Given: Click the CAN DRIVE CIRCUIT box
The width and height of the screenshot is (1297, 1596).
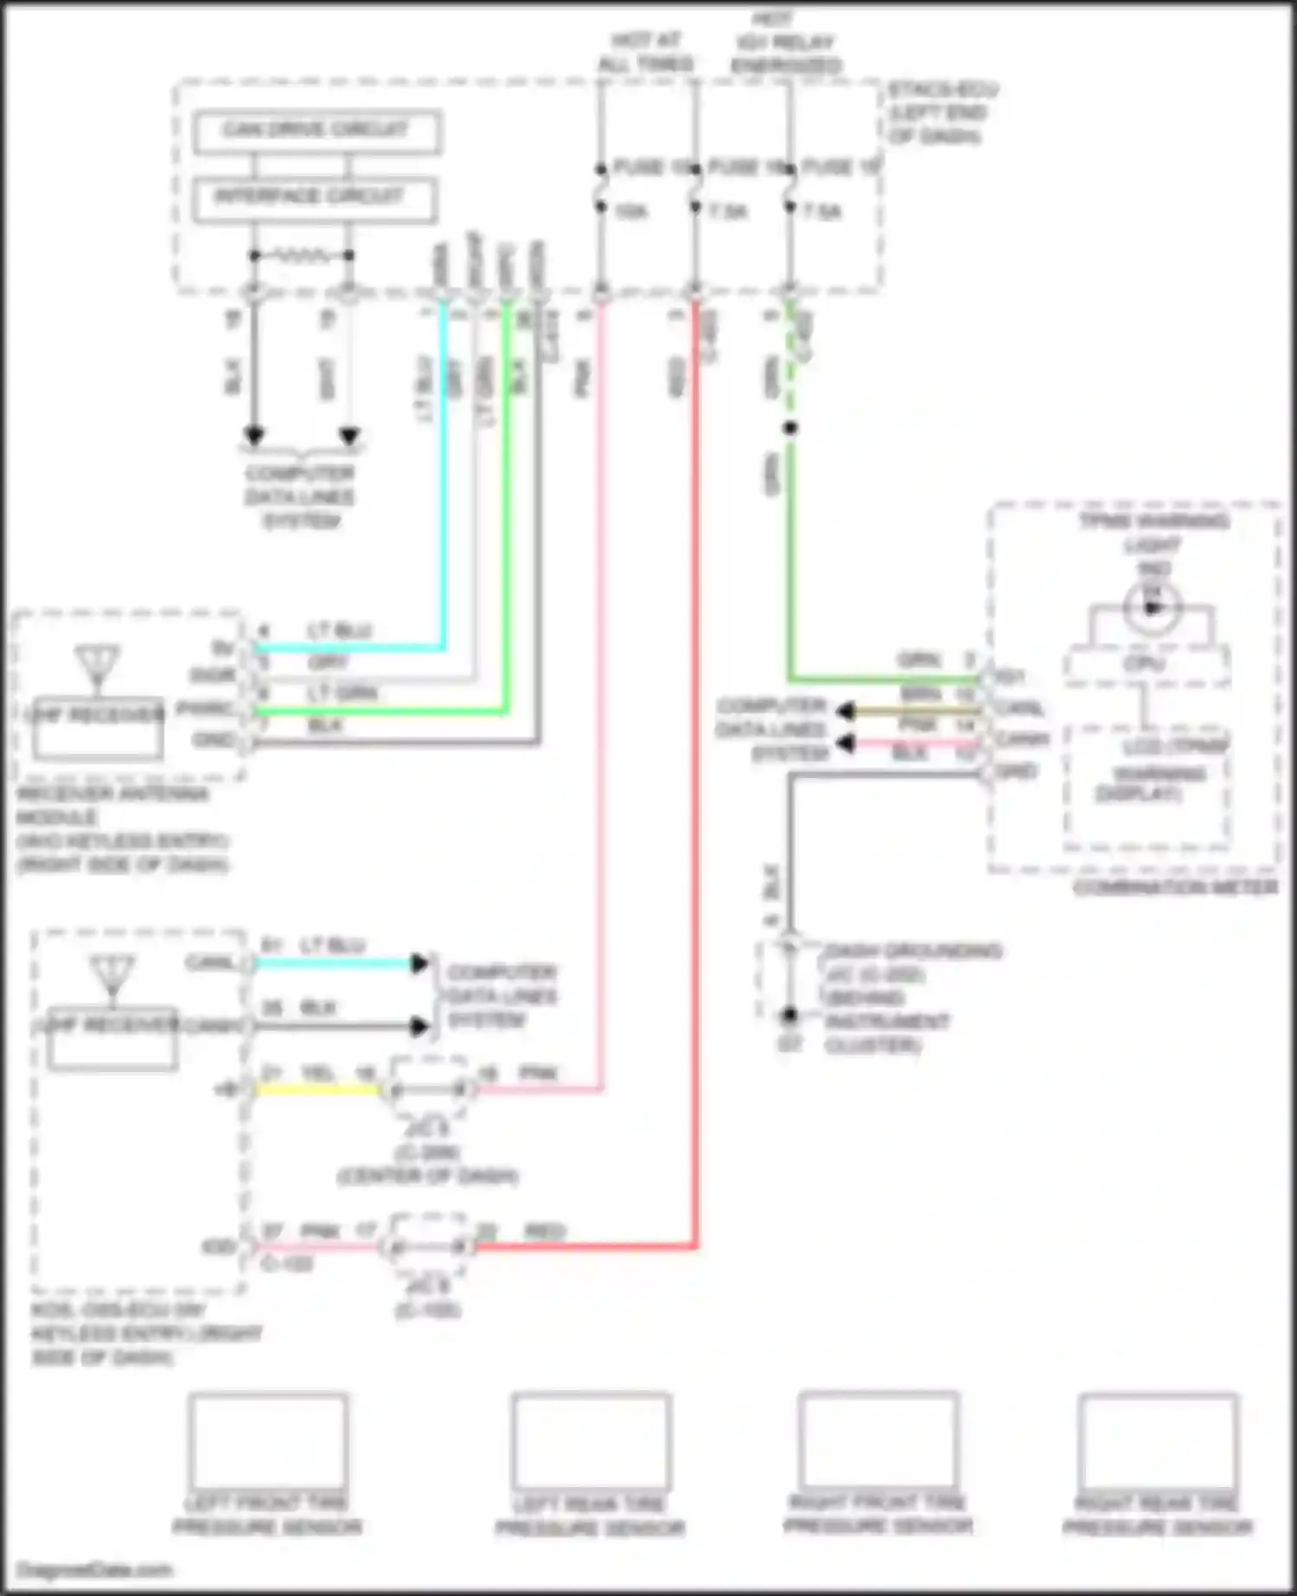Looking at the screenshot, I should pos(316,131).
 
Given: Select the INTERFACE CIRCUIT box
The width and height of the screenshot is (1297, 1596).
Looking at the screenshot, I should pos(314,199).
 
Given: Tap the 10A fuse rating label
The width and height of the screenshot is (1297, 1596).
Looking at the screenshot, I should pos(630,211).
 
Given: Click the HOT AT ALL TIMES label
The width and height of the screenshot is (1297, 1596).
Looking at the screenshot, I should pos(646,52).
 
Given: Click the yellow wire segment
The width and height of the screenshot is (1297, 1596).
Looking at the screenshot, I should pos(318,1089).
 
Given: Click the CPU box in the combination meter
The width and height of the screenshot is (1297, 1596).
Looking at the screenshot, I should pos(1147,664).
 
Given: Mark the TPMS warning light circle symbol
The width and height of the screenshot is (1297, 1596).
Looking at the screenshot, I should pos(1152,607).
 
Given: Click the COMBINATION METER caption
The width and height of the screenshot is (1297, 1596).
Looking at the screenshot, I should pos(1175,888).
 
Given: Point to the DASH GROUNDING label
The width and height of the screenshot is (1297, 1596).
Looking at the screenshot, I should pos(913,951).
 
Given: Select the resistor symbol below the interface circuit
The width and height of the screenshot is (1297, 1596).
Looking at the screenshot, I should pos(301,255).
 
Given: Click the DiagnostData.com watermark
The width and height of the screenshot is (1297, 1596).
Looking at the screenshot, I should pos(95,1570).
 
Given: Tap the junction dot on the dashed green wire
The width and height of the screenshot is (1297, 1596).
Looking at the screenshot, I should pos(789,428).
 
